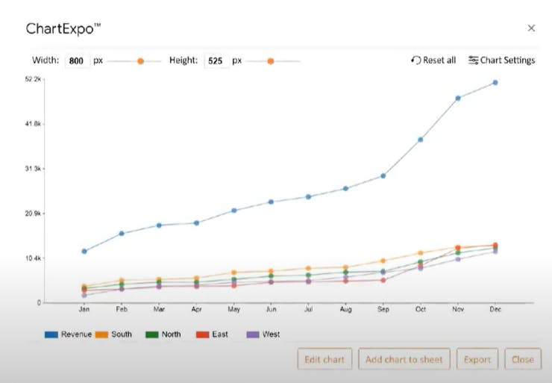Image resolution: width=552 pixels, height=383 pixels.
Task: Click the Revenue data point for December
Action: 495,83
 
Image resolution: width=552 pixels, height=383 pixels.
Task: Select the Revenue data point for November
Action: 458,98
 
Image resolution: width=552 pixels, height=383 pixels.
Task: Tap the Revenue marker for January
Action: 84,251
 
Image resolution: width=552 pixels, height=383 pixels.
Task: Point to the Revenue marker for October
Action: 421,140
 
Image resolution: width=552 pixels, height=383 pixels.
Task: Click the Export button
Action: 477,359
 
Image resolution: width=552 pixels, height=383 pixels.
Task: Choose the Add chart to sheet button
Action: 404,359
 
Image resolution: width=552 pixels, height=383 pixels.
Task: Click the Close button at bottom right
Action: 522,359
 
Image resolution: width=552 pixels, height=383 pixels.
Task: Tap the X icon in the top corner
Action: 531,28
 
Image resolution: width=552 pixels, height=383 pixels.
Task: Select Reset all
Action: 433,60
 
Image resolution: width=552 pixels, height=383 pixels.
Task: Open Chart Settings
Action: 501,60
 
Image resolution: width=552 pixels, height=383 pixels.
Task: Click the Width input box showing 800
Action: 78,61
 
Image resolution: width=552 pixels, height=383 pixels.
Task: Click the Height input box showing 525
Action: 216,61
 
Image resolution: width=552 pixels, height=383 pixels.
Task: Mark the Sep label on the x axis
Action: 383,308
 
